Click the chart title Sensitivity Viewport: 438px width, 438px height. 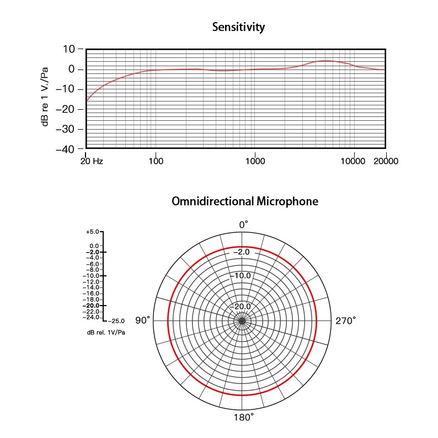[238, 27]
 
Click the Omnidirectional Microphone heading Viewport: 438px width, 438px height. [245, 201]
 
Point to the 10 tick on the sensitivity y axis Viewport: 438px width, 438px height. [68, 49]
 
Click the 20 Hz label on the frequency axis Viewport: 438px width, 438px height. [92, 162]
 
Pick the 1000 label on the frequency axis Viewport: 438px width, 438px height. [254, 162]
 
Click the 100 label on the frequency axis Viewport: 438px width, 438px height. [156, 162]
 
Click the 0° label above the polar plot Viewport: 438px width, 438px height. [243, 225]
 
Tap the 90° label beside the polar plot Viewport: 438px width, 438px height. [143, 321]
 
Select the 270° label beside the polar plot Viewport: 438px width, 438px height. [346, 321]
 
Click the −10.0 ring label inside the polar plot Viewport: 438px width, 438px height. [242, 275]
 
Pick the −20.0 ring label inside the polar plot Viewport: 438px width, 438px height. [242, 306]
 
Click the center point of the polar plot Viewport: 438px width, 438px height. [242, 321]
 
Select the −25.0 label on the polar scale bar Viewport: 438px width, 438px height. [116, 321]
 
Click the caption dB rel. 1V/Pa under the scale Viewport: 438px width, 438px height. [105, 332]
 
